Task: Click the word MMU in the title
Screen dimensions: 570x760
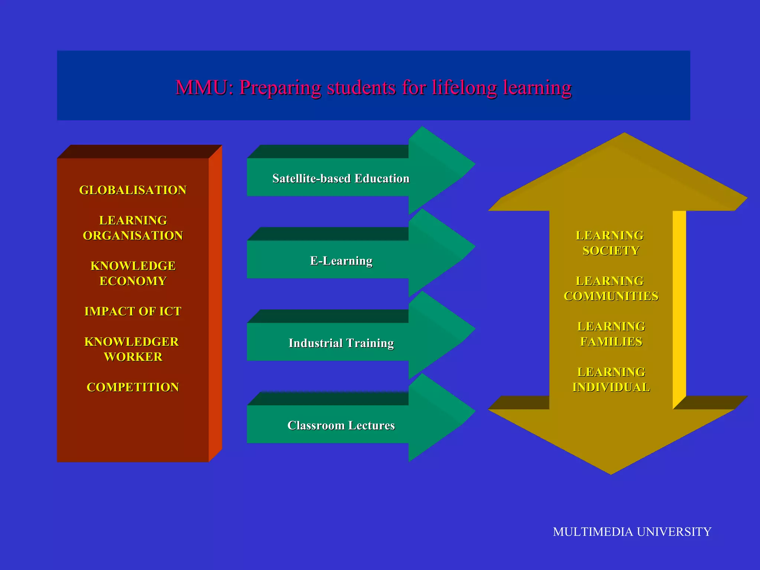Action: [x=201, y=88]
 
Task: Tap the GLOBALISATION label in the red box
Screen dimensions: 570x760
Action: [x=133, y=190]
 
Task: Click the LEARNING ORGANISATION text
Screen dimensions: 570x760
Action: [x=133, y=228]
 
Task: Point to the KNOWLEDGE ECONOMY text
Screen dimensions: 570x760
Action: [x=133, y=273]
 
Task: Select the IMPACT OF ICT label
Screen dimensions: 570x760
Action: [x=133, y=311]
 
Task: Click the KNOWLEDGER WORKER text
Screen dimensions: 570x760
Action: [x=132, y=349]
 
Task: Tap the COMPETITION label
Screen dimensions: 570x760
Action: [x=133, y=387]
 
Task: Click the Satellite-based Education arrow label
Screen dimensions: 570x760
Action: [x=341, y=178]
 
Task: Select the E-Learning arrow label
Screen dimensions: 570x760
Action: [x=341, y=261]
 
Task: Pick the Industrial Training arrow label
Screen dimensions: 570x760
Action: [x=341, y=343]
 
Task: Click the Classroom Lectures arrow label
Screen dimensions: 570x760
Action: [x=341, y=425]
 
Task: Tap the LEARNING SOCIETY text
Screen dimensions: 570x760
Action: [x=610, y=243]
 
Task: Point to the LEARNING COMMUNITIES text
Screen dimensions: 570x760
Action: [x=611, y=289]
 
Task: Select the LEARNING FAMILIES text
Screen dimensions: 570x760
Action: [x=611, y=334]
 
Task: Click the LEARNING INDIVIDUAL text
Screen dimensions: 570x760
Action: [x=611, y=380]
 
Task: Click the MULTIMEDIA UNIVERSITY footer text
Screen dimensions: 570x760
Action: [x=632, y=532]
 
